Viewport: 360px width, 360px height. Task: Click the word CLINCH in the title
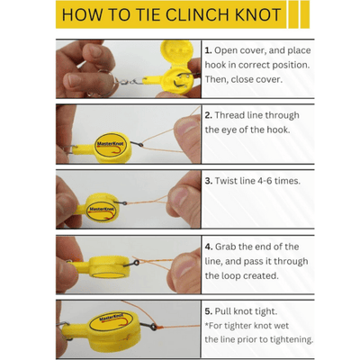click(206, 16)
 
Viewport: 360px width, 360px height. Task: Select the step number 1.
click(208, 51)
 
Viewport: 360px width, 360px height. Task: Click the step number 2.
click(208, 115)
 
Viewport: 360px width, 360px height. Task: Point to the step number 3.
click(208, 180)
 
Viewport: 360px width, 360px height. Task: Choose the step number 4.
click(208, 246)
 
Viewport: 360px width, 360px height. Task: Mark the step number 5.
click(208, 310)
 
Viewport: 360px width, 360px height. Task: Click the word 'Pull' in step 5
click(228, 310)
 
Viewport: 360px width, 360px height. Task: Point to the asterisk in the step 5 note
click(206, 325)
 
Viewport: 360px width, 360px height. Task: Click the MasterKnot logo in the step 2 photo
click(111, 142)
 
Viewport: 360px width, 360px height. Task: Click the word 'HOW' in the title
click(85, 16)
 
